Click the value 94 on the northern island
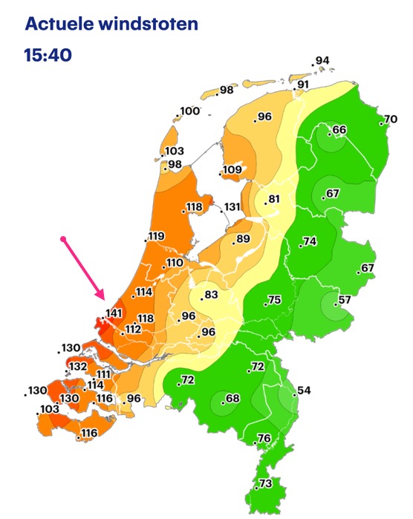tap(322, 61)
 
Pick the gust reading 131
tap(232, 207)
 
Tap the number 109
tap(232, 170)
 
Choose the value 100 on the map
tap(189, 111)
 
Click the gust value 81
tap(274, 199)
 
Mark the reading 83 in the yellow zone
tap(212, 295)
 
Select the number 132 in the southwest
tap(78, 366)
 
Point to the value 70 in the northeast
tap(390, 120)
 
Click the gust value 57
tap(344, 300)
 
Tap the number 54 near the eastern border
tap(304, 391)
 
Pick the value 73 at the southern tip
tap(266, 483)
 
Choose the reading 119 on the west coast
tap(156, 237)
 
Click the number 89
tap(242, 239)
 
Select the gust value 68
tap(232, 399)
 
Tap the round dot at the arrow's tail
tap(64, 239)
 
